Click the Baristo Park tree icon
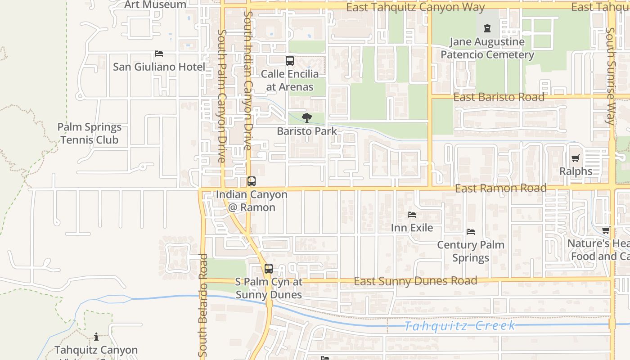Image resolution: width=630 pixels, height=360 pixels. (x=307, y=118)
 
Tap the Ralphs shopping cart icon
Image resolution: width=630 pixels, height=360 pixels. (x=575, y=158)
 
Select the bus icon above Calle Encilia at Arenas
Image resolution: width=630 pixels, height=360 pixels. (x=290, y=61)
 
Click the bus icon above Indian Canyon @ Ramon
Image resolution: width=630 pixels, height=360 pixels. (x=252, y=181)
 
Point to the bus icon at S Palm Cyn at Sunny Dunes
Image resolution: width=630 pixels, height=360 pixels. (x=269, y=269)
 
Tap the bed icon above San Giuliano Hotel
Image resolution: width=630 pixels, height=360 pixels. (x=158, y=54)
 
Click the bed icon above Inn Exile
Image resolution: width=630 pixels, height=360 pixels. (x=412, y=215)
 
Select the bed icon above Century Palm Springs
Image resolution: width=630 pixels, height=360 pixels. (x=471, y=232)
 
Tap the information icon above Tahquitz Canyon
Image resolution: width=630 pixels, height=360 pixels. (x=96, y=337)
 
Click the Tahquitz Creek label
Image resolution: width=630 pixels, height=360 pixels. (x=459, y=326)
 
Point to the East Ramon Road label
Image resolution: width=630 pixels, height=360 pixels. (x=500, y=188)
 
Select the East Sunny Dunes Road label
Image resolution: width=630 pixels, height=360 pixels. (x=415, y=281)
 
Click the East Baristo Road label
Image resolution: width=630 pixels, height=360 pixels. (x=499, y=97)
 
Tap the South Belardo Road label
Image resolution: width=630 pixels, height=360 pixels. (x=203, y=304)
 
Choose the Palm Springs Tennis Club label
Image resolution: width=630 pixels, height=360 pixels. (x=90, y=134)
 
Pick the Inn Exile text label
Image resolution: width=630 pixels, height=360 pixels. (x=412, y=228)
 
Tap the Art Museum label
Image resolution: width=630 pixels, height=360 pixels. (x=155, y=5)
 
